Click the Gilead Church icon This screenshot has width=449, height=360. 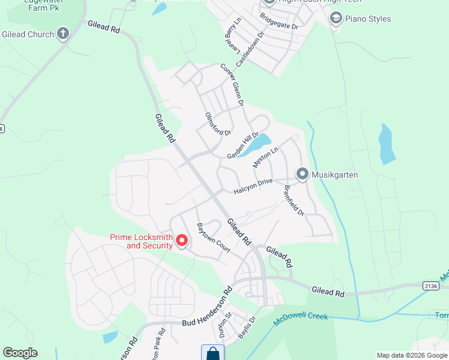click(x=63, y=34)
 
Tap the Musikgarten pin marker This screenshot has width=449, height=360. click(x=303, y=175)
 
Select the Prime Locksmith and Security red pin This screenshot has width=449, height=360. click(x=182, y=241)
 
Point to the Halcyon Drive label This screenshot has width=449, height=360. click(x=253, y=186)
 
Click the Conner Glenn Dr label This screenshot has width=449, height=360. click(x=232, y=85)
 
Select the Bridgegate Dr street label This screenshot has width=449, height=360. click(x=279, y=23)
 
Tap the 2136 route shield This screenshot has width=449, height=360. click(x=432, y=286)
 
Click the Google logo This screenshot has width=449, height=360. click(x=20, y=353)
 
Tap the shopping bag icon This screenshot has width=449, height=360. click(x=212, y=353)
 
